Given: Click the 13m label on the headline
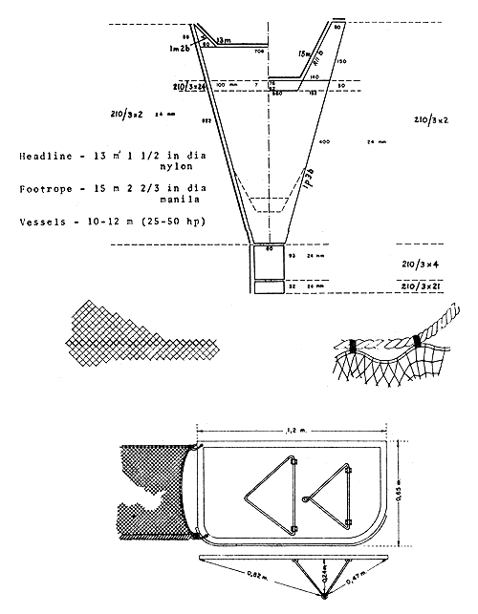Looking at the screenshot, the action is click(x=223, y=40).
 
